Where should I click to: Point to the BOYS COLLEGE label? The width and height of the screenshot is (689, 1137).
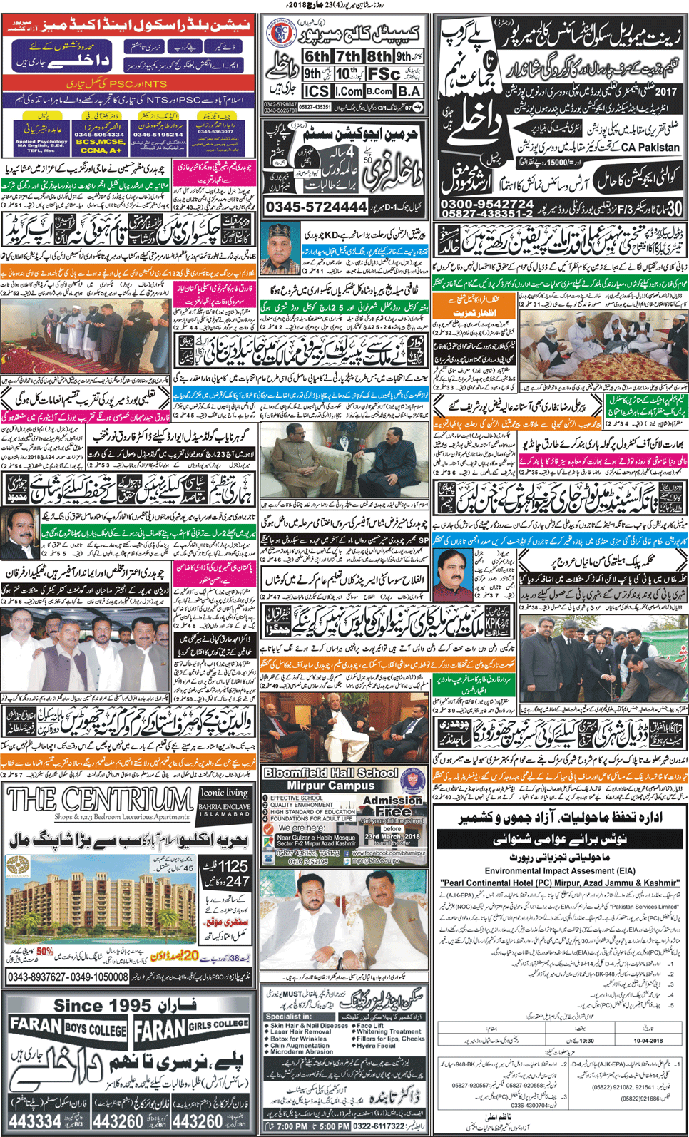(x=95, y=1029)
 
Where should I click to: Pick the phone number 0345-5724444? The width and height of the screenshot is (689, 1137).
(x=316, y=207)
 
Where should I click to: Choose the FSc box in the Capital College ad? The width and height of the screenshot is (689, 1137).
(x=384, y=74)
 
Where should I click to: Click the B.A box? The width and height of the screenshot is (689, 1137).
(x=408, y=91)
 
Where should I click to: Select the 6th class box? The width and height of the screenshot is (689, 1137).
(x=317, y=56)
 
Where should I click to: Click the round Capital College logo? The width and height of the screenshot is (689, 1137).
(x=281, y=34)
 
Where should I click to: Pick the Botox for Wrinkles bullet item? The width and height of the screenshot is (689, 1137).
(x=297, y=1039)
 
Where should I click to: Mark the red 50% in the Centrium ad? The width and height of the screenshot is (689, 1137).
(x=45, y=951)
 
